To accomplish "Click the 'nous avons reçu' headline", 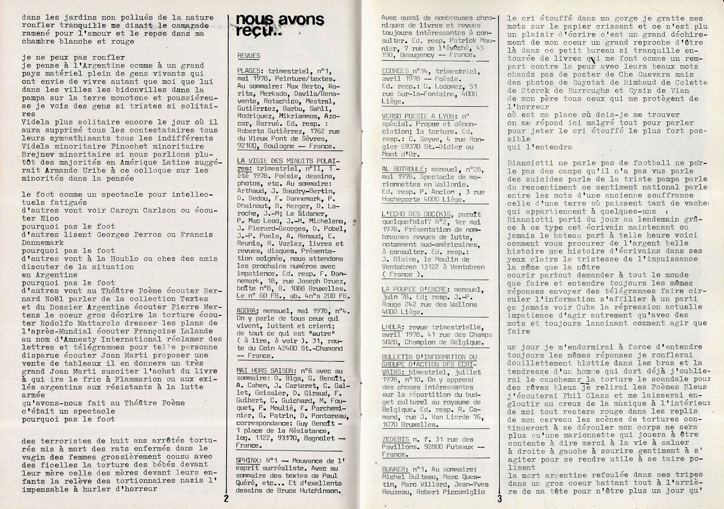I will point(279,25).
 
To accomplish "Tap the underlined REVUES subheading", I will point(249,56).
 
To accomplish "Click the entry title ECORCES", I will point(395,71).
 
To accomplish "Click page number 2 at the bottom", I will point(227,498).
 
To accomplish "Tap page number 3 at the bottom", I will point(500,498).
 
